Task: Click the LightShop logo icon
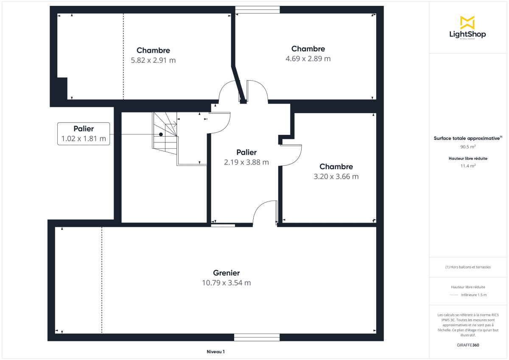[x=467, y=22]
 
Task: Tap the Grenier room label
[x=226, y=273]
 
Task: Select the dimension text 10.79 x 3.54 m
[x=226, y=283]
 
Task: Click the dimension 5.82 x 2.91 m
[x=153, y=60]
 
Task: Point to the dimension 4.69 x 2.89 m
[x=308, y=59]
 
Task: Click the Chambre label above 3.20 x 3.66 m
[x=336, y=167]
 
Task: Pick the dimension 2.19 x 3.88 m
[x=246, y=162]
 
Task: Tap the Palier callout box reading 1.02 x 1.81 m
[x=84, y=134]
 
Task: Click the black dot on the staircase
[x=161, y=134]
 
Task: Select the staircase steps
[x=165, y=131]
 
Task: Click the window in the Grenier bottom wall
[x=257, y=338]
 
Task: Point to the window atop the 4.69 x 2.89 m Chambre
[x=257, y=10]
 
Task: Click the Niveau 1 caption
[x=215, y=352]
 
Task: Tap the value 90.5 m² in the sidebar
[x=468, y=147]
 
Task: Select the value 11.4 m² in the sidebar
[x=468, y=166]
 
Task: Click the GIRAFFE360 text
[x=468, y=345]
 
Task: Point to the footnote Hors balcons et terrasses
[x=468, y=267]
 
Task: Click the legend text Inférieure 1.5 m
[x=473, y=295]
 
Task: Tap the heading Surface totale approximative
[x=467, y=138]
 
